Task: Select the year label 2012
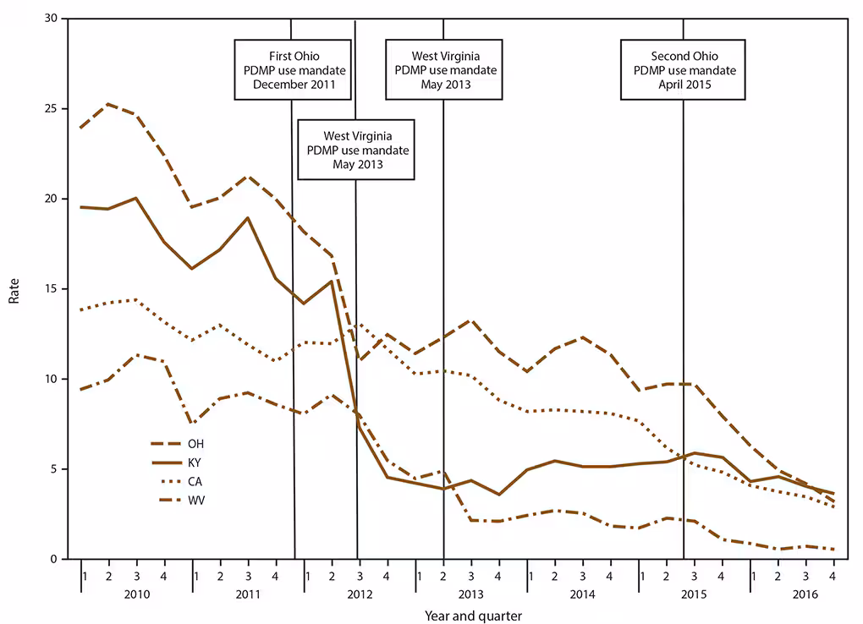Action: click(360, 594)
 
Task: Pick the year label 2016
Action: click(805, 594)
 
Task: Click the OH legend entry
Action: click(195, 443)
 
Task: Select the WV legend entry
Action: click(195, 500)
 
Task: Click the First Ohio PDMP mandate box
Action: click(294, 69)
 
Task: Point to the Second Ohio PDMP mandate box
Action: click(684, 69)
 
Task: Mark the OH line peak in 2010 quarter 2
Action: click(109, 104)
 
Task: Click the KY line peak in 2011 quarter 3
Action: click(248, 218)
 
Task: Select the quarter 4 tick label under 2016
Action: click(833, 576)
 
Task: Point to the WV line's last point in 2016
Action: click(833, 550)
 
